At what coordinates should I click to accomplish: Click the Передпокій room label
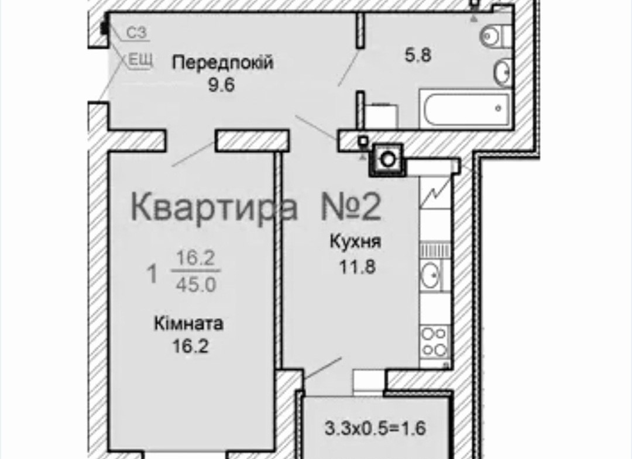(222, 63)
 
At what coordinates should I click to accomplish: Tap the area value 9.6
(221, 85)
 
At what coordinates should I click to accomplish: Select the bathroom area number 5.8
(418, 55)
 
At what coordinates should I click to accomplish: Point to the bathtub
(466, 109)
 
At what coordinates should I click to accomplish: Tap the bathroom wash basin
(503, 72)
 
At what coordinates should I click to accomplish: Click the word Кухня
(355, 242)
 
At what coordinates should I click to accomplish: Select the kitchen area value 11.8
(357, 266)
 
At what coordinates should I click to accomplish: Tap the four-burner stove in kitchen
(434, 342)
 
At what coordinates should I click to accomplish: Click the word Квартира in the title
(214, 206)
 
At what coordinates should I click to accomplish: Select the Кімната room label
(188, 324)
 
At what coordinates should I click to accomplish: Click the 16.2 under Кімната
(190, 346)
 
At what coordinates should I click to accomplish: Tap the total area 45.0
(196, 285)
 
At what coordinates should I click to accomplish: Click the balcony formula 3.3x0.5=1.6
(375, 429)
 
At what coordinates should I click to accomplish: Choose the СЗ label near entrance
(136, 33)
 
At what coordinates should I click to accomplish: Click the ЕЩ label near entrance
(140, 60)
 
